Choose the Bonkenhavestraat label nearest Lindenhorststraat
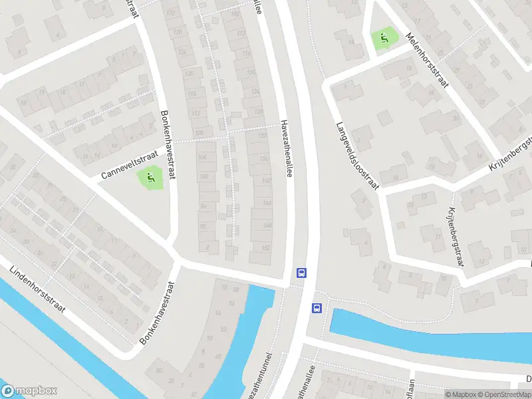pyautogui.click(x=157, y=313)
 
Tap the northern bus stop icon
pyautogui.click(x=301, y=272)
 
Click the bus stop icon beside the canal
pyautogui.click(x=317, y=308)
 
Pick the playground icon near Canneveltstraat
pyautogui.click(x=150, y=178)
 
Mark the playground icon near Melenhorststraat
pyautogui.click(x=383, y=39)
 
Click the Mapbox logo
pyautogui.click(x=29, y=390)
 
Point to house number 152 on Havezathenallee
pyautogui.click(x=266, y=247)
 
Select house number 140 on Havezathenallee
pyautogui.click(x=267, y=182)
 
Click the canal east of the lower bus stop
pyautogui.click(x=426, y=332)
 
